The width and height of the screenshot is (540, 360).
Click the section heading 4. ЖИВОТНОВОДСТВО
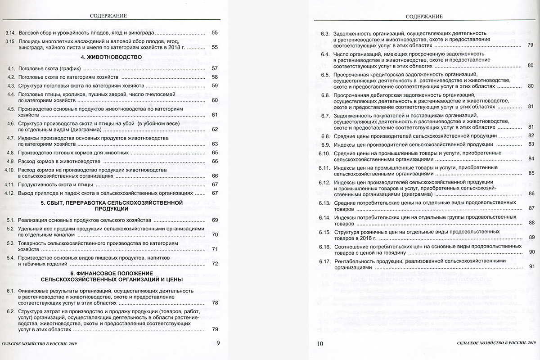pyautogui.click(x=111, y=57)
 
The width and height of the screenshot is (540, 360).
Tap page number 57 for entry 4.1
pyautogui.click(x=215, y=69)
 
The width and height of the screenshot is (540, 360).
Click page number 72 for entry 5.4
pyautogui.click(x=215, y=264)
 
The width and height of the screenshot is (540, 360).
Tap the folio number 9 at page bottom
pyautogui.click(x=218, y=344)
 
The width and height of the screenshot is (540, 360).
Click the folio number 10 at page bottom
pyautogui.click(x=320, y=344)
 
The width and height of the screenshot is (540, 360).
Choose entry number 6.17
pyautogui.click(x=325, y=261)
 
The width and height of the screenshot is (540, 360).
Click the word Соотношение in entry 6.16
pyautogui.click(x=352, y=246)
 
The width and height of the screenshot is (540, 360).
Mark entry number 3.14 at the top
pyautogui.click(x=10, y=33)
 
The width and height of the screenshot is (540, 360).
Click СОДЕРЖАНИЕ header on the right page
pyautogui.click(x=424, y=17)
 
